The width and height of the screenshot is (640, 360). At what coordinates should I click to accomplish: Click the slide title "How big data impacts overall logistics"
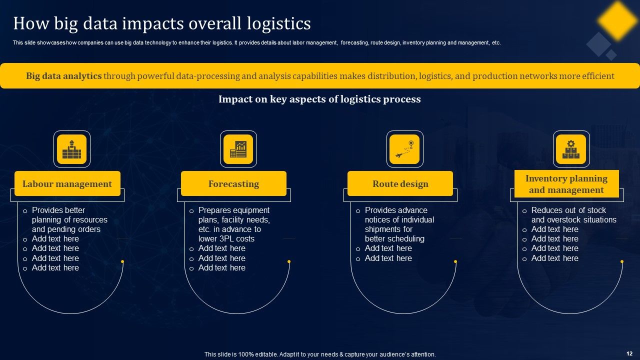[162, 23]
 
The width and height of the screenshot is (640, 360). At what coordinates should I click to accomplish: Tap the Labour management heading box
[67, 183]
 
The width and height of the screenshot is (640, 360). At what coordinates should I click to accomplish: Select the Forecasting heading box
[233, 183]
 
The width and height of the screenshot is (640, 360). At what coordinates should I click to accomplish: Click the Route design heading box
[400, 183]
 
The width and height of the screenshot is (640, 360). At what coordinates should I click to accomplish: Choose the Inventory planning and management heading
[566, 184]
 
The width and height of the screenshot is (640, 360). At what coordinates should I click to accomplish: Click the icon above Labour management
[72, 149]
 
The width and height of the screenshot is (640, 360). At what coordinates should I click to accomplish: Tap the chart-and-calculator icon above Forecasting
[238, 149]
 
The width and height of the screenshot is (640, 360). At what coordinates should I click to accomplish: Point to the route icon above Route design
[404, 149]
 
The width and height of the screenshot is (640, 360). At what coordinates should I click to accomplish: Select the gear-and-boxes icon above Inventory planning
[571, 149]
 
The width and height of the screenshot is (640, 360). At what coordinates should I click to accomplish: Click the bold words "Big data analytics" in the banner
[63, 76]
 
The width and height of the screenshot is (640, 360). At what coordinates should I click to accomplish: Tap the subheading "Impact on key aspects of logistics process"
[319, 99]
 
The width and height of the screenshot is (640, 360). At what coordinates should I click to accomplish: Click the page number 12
[629, 353]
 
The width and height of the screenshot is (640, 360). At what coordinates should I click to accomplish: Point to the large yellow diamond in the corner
[617, 20]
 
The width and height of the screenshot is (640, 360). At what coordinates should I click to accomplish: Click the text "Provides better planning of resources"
[69, 219]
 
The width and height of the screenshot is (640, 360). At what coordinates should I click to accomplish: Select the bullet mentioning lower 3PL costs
[233, 224]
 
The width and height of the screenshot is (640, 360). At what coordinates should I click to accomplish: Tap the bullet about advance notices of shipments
[399, 224]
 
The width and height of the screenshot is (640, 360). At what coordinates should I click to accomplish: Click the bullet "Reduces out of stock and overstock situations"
[573, 215]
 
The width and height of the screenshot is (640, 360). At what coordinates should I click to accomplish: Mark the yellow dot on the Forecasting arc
[289, 261]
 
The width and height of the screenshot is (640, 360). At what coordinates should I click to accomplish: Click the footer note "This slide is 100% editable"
[320, 354]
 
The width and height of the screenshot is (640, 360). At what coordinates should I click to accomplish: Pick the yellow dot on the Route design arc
[455, 261]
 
